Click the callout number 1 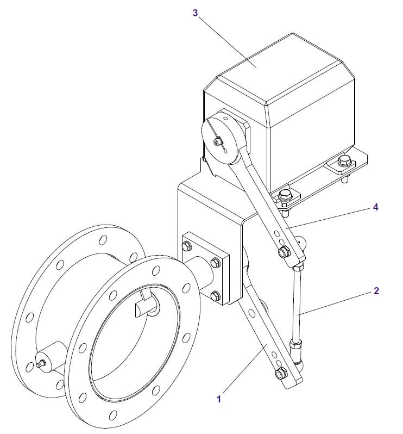(218, 399)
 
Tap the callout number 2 (376, 290)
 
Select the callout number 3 (196, 13)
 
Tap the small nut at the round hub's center (218, 143)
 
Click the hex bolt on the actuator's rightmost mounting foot (343, 161)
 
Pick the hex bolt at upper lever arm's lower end (283, 252)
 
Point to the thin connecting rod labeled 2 (297, 305)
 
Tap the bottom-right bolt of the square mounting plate (215, 296)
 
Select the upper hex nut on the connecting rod (298, 267)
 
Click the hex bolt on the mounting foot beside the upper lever (285, 196)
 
